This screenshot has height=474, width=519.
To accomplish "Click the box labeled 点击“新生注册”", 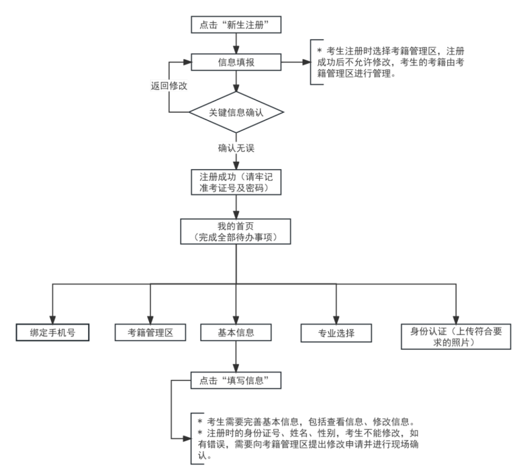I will pos(236,25).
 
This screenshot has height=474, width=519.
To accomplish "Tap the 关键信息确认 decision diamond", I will pos(236,111).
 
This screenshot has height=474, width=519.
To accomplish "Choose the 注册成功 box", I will pos(236,181).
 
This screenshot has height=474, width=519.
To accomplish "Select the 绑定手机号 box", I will pos(52,332).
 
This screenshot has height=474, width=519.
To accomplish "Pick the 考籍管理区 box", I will pos(150,332).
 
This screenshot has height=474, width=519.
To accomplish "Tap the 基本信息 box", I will pos(236,332).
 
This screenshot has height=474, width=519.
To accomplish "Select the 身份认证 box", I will pos(456,336).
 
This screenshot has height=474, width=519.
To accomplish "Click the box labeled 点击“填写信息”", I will pos(236,381).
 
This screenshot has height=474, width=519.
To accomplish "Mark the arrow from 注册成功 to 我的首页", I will pos(236,205).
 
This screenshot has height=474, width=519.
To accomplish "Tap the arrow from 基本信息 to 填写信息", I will pos(236,357).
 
